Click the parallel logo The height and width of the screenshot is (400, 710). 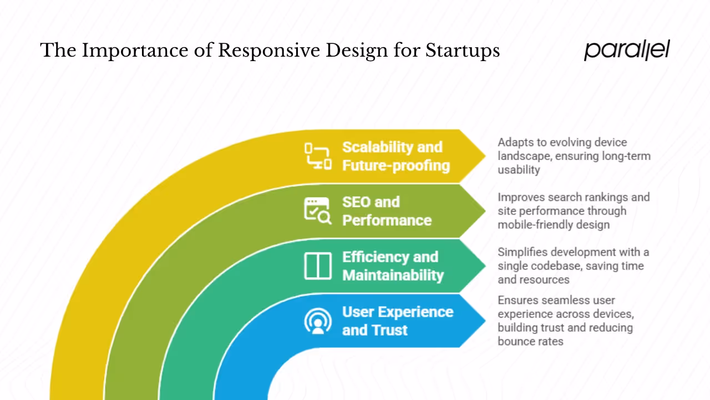tap(627, 50)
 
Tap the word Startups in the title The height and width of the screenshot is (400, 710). tap(463, 51)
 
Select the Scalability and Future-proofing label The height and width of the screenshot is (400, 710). tap(395, 156)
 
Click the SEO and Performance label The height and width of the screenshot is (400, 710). tap(387, 211)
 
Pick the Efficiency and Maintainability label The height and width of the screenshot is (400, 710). tap(393, 266)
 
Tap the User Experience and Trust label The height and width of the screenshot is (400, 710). tap(397, 321)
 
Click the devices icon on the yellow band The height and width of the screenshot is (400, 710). tap(318, 156)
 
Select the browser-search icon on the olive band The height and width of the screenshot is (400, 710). tap(318, 211)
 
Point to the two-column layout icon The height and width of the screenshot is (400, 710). tap(318, 266)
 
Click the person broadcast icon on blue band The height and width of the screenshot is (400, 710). tap(318, 321)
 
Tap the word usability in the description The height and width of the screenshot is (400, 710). tap(519, 170)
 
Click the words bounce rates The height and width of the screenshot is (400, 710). tap(530, 341)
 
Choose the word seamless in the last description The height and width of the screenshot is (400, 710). tap(564, 300)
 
